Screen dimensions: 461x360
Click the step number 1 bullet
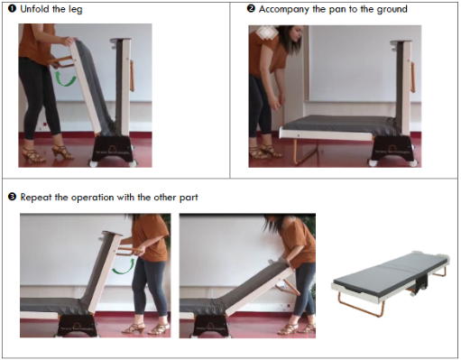coord(12,9)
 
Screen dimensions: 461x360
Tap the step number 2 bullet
coord(251,8)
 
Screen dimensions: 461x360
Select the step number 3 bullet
coord(12,197)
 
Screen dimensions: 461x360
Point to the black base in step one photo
coord(114,149)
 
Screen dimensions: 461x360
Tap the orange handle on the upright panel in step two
coord(413,77)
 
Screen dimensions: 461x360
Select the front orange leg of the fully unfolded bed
coord(361,305)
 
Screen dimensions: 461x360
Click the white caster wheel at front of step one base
coord(95,163)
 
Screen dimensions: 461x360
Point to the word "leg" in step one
coord(75,10)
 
